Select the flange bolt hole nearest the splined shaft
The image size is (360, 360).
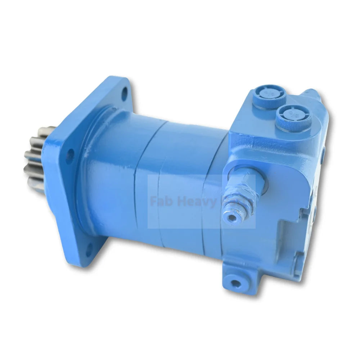[69, 155]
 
